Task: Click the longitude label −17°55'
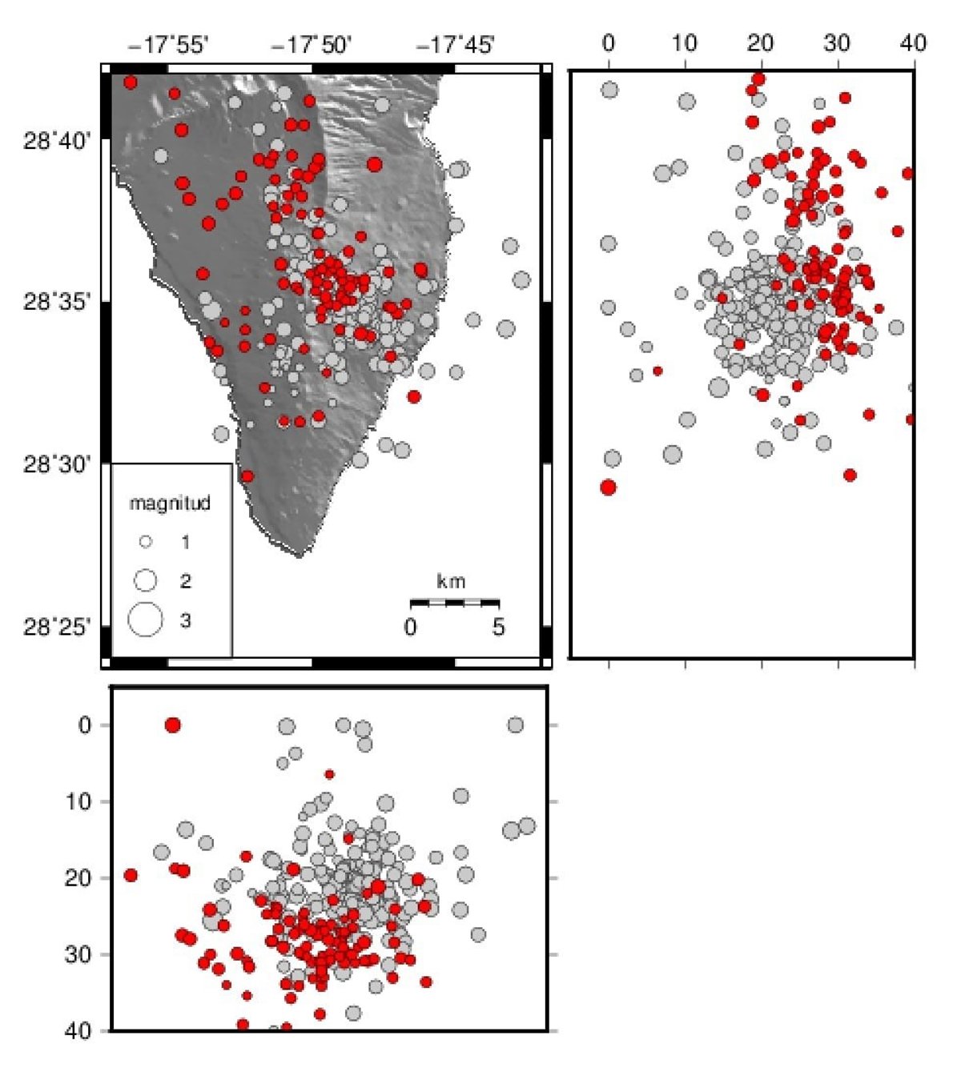[168, 45]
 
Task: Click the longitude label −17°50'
[312, 45]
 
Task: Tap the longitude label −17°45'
[455, 45]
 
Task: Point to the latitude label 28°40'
[58, 142]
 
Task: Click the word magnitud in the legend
[170, 504]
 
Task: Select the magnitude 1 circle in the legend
[146, 542]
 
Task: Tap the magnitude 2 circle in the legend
[146, 580]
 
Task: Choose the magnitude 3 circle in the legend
[146, 620]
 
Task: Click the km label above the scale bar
[452, 582]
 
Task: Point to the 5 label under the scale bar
[498, 627]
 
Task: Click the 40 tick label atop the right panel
[913, 43]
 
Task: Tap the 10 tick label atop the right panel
[685, 43]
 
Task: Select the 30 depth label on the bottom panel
[79, 954]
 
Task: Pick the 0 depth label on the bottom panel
[85, 725]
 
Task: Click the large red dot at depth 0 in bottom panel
[172, 725]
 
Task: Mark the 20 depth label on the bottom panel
[79, 878]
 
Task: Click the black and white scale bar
[454, 602]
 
